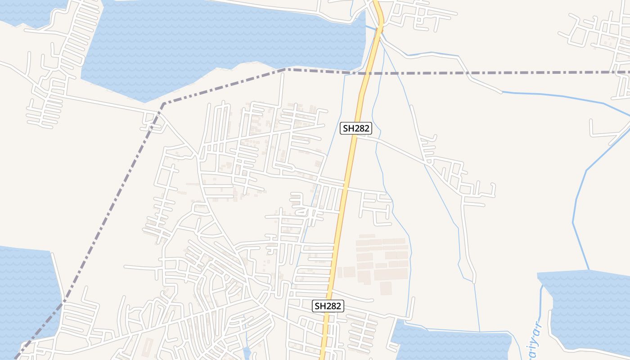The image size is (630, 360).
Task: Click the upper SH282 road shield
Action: [x=355, y=128]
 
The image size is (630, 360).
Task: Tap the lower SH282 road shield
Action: [x=328, y=306]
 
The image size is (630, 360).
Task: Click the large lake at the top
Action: [x=216, y=40]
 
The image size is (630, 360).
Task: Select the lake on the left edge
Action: [x=25, y=288]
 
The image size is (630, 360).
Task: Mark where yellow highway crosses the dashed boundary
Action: [x=365, y=72]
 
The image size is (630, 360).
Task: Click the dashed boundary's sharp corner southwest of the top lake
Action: [x=163, y=104]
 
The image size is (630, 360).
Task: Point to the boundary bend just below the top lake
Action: [x=286, y=69]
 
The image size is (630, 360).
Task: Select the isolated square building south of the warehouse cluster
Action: [x=386, y=288]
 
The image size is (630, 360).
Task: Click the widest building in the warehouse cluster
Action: [x=391, y=274]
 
